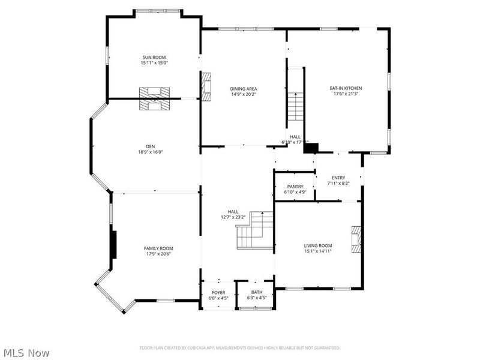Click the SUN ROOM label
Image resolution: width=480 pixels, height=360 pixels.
154,57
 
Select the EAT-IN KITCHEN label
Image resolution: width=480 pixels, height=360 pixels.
346,88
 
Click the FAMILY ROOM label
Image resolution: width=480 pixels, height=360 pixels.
158,248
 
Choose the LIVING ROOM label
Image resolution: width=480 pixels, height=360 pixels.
317,245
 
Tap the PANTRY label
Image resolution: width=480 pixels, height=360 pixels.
295,187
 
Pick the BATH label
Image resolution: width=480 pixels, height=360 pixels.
256,292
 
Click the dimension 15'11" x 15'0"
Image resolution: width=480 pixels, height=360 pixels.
154,63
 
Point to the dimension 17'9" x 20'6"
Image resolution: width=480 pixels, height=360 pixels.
158,254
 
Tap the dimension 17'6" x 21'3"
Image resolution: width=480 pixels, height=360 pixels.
346,94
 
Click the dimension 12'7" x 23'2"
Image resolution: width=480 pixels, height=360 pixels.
233,217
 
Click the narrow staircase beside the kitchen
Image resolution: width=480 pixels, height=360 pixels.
295,105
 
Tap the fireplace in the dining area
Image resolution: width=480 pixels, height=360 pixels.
207,85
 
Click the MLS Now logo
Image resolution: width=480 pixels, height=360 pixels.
26,353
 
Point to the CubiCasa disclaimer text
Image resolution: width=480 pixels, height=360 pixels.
240,347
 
